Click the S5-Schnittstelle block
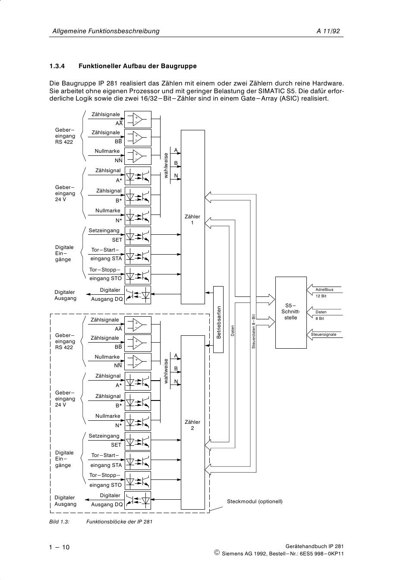[x=291, y=312]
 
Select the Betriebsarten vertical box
[x=218, y=322]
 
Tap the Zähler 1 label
[x=192, y=220]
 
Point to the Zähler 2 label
[x=192, y=425]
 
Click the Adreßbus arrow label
[x=324, y=290]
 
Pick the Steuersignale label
[x=324, y=334]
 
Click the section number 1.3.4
[x=57, y=66]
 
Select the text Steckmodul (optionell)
[x=255, y=501]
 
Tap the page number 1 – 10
[x=59, y=547]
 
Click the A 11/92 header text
[x=328, y=31]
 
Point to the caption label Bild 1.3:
[x=60, y=521]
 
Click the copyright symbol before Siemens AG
[x=217, y=553]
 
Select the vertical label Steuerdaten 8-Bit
[x=254, y=331]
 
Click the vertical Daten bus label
[x=233, y=331]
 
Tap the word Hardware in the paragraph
[x=328, y=83]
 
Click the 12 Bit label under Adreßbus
[x=321, y=296]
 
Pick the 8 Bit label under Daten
[x=320, y=318]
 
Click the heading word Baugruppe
[x=178, y=66]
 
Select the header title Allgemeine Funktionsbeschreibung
[x=106, y=31]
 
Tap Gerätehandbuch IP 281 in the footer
[x=315, y=546]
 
